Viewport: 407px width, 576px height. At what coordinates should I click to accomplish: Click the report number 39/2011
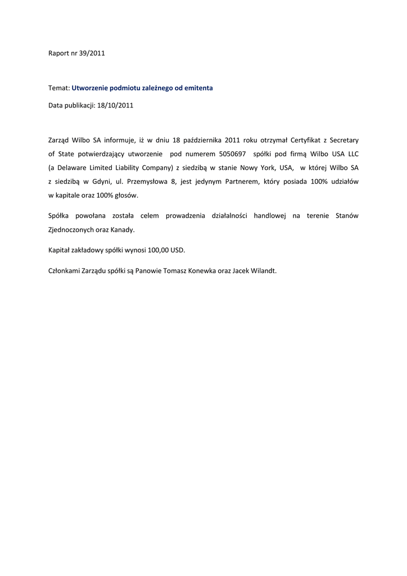pos(92,54)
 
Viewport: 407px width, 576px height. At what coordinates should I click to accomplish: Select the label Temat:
pos(58,88)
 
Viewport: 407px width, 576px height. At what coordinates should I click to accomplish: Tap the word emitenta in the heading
pos(197,88)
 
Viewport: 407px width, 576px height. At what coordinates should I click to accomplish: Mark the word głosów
pos(125,195)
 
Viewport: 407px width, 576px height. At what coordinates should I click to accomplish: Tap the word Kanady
pos(123,229)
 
